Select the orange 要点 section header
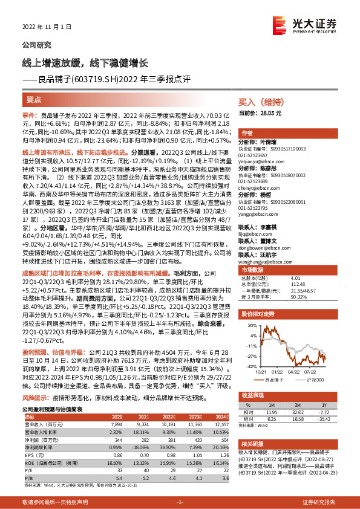pos(34,99)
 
